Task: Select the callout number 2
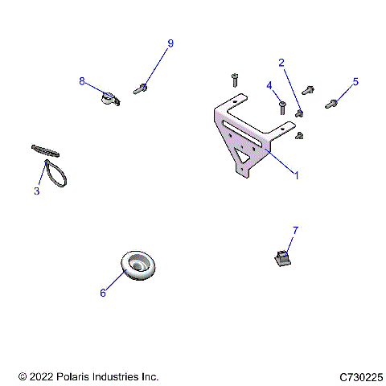[281, 63]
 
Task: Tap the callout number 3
[36, 191]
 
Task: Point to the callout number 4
[269, 85]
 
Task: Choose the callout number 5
[355, 82]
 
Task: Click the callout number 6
[103, 293]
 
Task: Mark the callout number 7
[295, 231]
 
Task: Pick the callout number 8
[82, 80]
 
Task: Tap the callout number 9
[170, 43]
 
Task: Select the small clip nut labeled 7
[279, 258]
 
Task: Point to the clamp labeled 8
[109, 98]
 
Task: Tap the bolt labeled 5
[332, 103]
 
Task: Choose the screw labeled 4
[282, 105]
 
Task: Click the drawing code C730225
[361, 376]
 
